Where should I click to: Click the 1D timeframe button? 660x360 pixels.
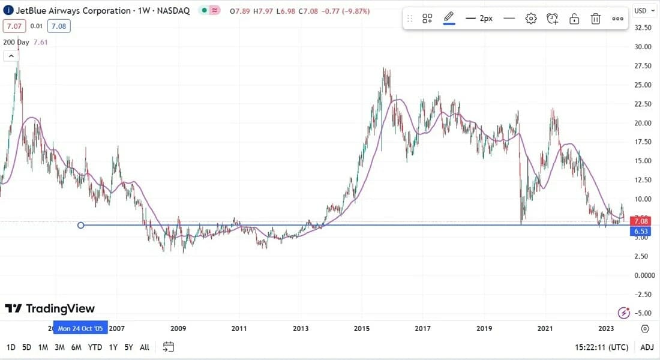click(x=11, y=347)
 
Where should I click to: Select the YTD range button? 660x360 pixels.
click(x=95, y=347)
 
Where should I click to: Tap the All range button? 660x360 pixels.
click(x=145, y=347)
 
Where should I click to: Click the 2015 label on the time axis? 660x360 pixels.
click(x=361, y=328)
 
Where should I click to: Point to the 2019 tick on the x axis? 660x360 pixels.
click(x=484, y=328)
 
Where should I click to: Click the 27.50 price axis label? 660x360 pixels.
click(x=643, y=65)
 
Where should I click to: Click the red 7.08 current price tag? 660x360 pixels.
click(x=642, y=221)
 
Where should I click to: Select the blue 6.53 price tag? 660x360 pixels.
click(x=642, y=232)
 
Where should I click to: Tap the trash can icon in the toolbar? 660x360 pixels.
click(x=596, y=19)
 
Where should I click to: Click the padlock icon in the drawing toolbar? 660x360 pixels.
click(x=574, y=19)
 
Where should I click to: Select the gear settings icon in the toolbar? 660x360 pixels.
click(x=531, y=19)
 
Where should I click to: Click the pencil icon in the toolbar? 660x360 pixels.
click(x=449, y=18)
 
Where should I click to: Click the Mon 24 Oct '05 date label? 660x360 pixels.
click(x=80, y=329)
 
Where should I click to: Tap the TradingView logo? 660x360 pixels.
click(x=50, y=308)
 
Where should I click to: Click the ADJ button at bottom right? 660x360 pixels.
click(x=647, y=347)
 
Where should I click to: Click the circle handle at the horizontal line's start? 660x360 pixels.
click(x=81, y=225)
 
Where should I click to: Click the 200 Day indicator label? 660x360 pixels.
click(x=16, y=42)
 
